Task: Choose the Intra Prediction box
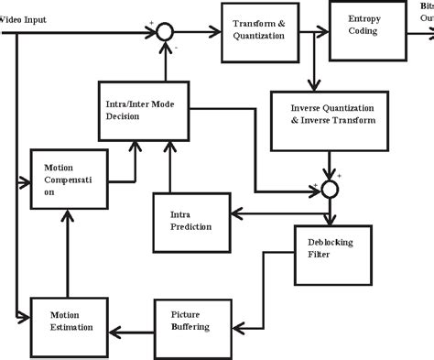pyautogui.click(x=191, y=219)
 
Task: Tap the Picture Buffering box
pyautogui.click(x=191, y=321)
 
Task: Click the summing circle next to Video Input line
pyautogui.click(x=164, y=31)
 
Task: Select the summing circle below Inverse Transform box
pyautogui.click(x=331, y=189)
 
